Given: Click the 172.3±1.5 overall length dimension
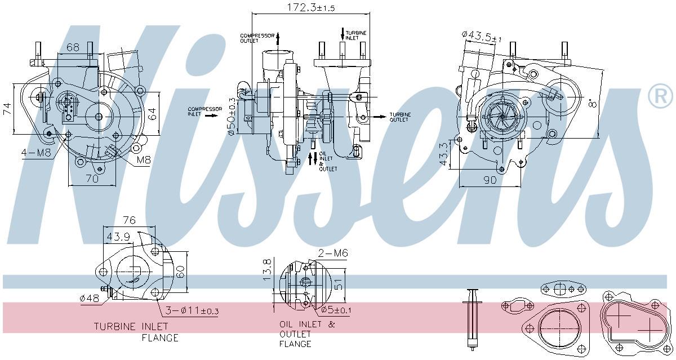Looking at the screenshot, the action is point(311,7).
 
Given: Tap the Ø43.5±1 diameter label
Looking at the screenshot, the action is point(481,37).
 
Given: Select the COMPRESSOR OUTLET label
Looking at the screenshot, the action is point(257,38).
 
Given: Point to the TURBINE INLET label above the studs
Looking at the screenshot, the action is point(356,35).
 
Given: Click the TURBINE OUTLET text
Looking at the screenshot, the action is point(400,117).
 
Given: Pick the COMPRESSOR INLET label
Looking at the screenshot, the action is point(204,112).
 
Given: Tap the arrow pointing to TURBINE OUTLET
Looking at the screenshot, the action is point(380,117).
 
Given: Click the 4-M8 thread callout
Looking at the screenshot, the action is point(36,153).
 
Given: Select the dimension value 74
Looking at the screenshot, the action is point(7,109).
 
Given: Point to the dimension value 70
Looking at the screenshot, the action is point(92,179).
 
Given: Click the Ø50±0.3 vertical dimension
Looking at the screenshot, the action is point(232,117).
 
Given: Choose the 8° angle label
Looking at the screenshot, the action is point(593,103).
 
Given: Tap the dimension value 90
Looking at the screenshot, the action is point(490,180).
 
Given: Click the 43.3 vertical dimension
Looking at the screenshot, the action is point(443,154).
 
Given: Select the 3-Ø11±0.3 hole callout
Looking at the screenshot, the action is point(192,310).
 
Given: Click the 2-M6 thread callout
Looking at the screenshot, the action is point(333,253).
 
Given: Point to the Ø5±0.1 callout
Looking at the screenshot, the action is point(336,310).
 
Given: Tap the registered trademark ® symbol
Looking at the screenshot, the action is point(660,95).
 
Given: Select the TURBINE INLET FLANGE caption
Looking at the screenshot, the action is point(136,332).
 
